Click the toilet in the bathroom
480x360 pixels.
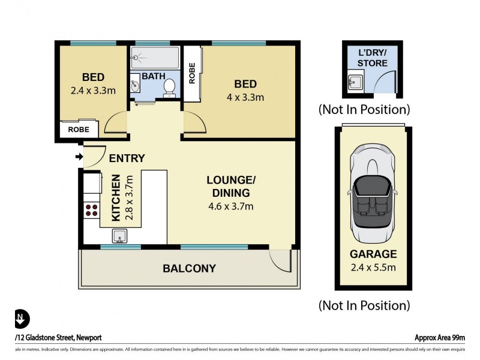(x=169, y=87)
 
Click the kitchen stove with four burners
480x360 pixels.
(x=92, y=209)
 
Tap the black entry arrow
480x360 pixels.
(x=78, y=157)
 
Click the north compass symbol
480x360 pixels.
(x=21, y=319)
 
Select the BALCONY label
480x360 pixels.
(x=189, y=269)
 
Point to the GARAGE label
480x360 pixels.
(x=373, y=254)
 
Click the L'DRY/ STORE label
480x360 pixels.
(x=372, y=58)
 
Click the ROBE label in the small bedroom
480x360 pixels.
(x=79, y=129)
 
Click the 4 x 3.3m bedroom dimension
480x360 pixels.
(x=245, y=97)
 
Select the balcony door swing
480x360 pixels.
(x=280, y=259)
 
